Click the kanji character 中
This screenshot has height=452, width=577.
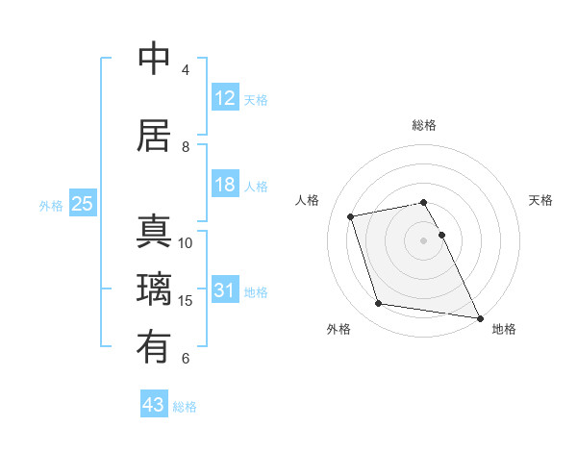(x=155, y=60)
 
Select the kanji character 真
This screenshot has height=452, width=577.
(x=155, y=233)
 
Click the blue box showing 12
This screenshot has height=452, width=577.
(x=225, y=98)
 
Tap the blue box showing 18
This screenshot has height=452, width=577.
(x=225, y=185)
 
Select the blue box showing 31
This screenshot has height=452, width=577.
(x=225, y=290)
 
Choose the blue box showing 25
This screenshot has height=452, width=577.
(x=82, y=204)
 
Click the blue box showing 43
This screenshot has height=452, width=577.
(x=154, y=405)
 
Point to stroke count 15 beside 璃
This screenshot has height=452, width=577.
(x=187, y=301)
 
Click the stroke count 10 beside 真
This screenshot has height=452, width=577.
(x=187, y=242)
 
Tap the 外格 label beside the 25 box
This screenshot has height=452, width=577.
(x=51, y=205)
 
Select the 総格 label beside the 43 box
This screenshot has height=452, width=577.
(x=185, y=406)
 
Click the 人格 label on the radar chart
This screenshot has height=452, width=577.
(x=308, y=200)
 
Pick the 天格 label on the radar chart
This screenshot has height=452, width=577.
(x=540, y=200)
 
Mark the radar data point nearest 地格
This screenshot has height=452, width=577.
(x=479, y=317)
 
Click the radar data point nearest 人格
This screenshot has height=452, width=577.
(x=351, y=216)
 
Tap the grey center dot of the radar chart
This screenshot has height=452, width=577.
(x=424, y=239)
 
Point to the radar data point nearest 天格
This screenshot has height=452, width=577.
(x=442, y=235)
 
